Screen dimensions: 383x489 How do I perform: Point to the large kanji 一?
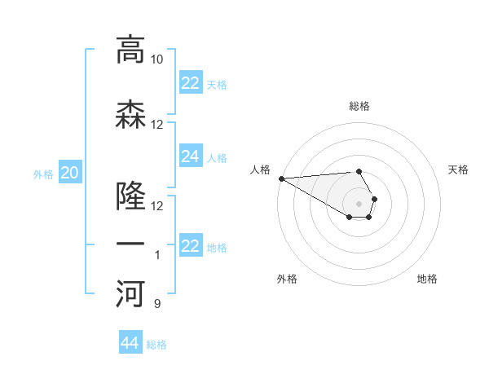(x=130, y=245)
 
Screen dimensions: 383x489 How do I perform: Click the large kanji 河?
(x=130, y=294)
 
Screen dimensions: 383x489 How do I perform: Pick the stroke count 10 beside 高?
(x=156, y=59)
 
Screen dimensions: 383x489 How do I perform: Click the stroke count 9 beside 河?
(x=156, y=304)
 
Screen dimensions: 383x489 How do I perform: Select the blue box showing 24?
(x=190, y=156)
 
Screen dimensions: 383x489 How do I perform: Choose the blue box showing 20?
(x=70, y=172)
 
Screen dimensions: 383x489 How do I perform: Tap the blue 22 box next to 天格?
(x=190, y=83)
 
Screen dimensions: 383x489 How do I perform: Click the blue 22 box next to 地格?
(x=190, y=246)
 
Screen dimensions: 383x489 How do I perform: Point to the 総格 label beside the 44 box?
(x=156, y=345)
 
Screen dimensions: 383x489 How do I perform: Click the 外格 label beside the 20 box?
(x=43, y=174)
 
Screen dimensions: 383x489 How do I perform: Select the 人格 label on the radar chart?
(x=260, y=169)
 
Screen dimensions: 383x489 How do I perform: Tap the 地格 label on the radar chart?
(x=427, y=279)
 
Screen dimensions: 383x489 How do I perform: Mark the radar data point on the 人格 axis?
(x=281, y=178)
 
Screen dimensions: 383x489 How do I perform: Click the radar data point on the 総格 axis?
(x=359, y=171)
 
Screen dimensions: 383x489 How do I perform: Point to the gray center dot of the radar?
(x=359, y=203)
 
